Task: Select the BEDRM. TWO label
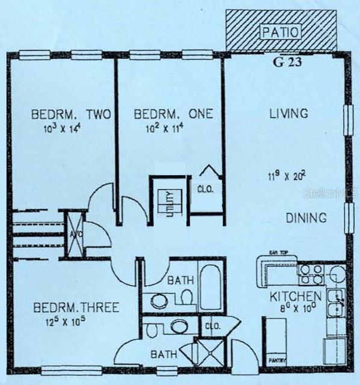[71, 114]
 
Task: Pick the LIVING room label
[288, 113]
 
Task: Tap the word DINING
[306, 218]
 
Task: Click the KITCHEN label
[295, 297]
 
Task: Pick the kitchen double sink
[336, 303]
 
